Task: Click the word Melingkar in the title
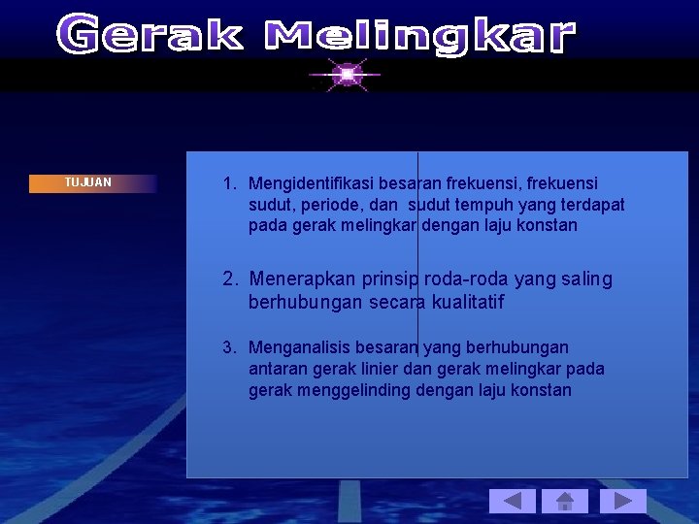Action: (420, 37)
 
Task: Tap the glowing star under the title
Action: (345, 74)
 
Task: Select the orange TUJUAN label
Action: (92, 182)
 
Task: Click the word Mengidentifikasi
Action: (313, 183)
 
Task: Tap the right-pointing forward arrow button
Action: (622, 501)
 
